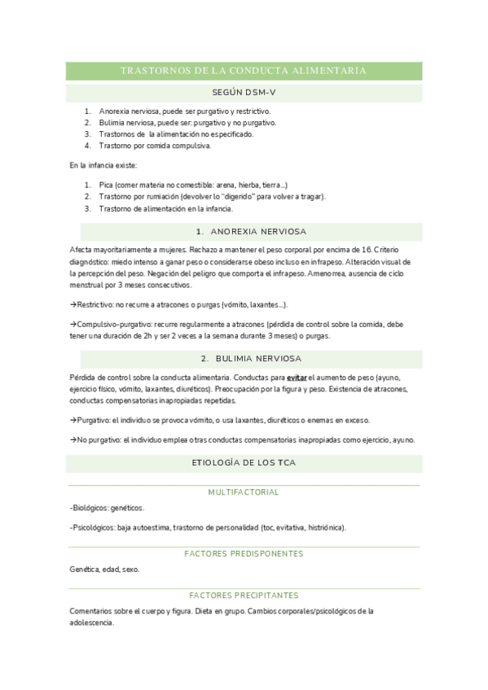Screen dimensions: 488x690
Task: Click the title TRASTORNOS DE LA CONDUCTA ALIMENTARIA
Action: (244, 71)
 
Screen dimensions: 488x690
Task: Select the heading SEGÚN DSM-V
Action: (244, 93)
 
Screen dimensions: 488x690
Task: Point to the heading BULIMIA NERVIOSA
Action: (250, 358)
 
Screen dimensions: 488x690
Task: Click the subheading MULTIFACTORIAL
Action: (244, 492)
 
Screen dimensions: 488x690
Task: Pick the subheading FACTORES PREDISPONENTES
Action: (244, 553)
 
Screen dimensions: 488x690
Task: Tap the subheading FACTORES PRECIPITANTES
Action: (244, 595)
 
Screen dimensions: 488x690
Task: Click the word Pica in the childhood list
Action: (106, 186)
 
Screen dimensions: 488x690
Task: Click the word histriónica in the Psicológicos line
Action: (323, 527)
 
